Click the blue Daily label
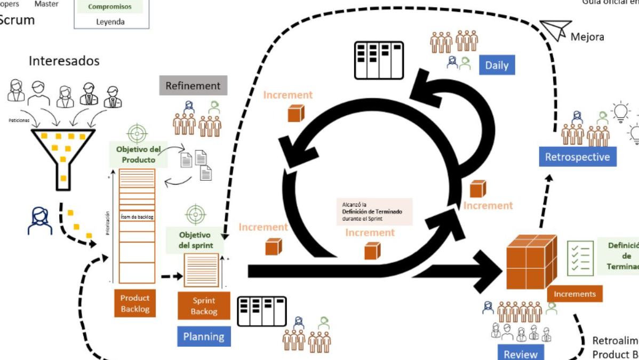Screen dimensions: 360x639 click(497, 66)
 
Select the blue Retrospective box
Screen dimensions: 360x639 click(577, 157)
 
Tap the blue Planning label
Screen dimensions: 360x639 click(203, 337)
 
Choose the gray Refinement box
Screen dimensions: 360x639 click(193, 86)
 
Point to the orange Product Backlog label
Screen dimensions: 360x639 click(135, 303)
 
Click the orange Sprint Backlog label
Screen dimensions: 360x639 click(204, 306)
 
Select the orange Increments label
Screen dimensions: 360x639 click(574, 294)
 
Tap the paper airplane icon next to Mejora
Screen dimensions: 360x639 click(555, 30)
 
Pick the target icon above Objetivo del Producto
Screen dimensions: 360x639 click(137, 133)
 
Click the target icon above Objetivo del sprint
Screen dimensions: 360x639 click(195, 214)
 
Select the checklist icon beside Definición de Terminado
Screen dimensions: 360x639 click(580, 257)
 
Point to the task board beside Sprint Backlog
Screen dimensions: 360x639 click(261, 311)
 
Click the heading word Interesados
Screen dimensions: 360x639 click(64, 61)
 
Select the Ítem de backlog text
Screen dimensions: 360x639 click(137, 217)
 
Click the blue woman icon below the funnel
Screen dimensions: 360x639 click(40, 220)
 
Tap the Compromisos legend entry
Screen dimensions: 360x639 click(110, 7)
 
